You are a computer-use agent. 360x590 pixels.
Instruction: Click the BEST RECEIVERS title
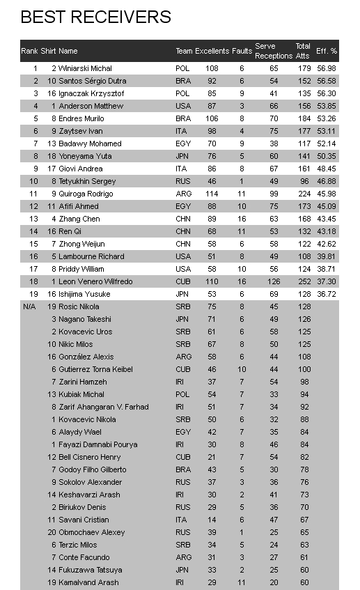pyautogui.click(x=95, y=17)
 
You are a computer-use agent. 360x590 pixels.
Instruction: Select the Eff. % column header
pyautogui.click(x=326, y=51)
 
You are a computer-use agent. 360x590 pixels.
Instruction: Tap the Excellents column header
pyautogui.click(x=212, y=51)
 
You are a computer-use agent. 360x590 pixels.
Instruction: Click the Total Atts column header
pyautogui.click(x=303, y=51)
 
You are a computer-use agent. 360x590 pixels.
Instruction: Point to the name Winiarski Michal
pyautogui.click(x=85, y=68)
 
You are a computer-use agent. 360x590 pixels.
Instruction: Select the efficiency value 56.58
pyautogui.click(x=326, y=81)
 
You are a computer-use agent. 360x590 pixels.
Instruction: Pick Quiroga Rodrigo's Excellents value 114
pyautogui.click(x=212, y=194)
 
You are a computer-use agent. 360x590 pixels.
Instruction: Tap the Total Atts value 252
pyautogui.click(x=303, y=281)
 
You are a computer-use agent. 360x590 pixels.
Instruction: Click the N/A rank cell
pyautogui.click(x=29, y=306)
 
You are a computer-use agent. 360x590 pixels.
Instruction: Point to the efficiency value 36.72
pyautogui.click(x=326, y=294)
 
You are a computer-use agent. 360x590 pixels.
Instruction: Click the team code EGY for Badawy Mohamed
pyautogui.click(x=182, y=143)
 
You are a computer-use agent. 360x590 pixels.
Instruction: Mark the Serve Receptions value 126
pyautogui.click(x=273, y=281)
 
